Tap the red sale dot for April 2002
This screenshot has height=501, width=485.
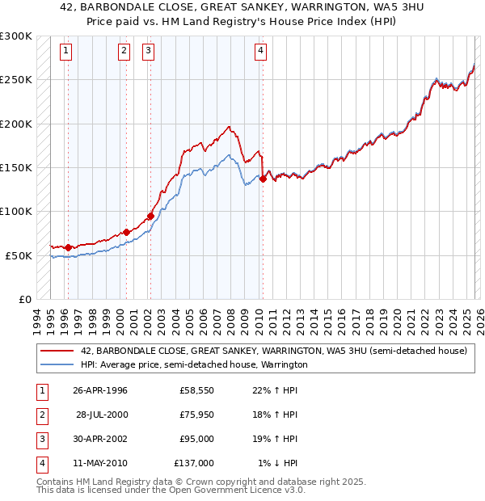tap(150, 216)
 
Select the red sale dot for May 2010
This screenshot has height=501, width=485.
tap(264, 179)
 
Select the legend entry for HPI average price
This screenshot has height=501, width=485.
tap(194, 365)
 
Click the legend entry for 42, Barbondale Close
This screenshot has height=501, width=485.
tap(274, 352)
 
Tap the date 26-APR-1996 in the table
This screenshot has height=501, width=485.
tap(100, 391)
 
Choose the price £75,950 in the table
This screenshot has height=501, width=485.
tap(196, 415)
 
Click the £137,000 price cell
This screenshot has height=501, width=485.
tap(194, 463)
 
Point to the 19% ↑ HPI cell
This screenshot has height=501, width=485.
tap(273, 439)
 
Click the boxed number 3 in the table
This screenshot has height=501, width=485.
tap(40, 439)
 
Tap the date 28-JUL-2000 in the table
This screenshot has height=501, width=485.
tap(102, 415)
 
